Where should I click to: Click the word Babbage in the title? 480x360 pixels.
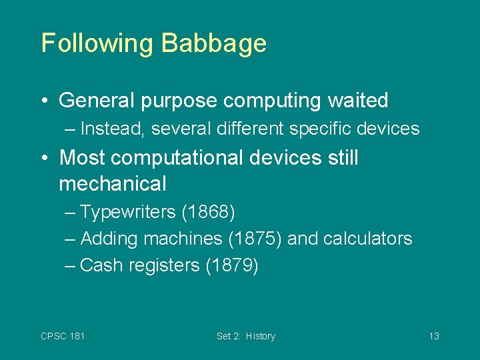pyautogui.click(x=213, y=44)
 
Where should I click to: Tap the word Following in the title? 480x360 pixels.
pyautogui.click(x=97, y=44)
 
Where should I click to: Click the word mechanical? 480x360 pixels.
pyautogui.click(x=112, y=183)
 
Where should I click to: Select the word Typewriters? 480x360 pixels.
pyautogui.click(x=127, y=213)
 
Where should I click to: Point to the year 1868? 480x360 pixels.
pyautogui.click(x=208, y=213)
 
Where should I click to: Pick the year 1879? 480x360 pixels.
pyautogui.click(x=231, y=265)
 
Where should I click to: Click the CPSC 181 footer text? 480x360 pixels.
pyautogui.click(x=63, y=336)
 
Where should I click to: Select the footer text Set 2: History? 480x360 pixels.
pyautogui.click(x=245, y=336)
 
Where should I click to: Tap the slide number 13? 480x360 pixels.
pyautogui.click(x=433, y=336)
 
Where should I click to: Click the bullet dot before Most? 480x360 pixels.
pyautogui.click(x=45, y=158)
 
